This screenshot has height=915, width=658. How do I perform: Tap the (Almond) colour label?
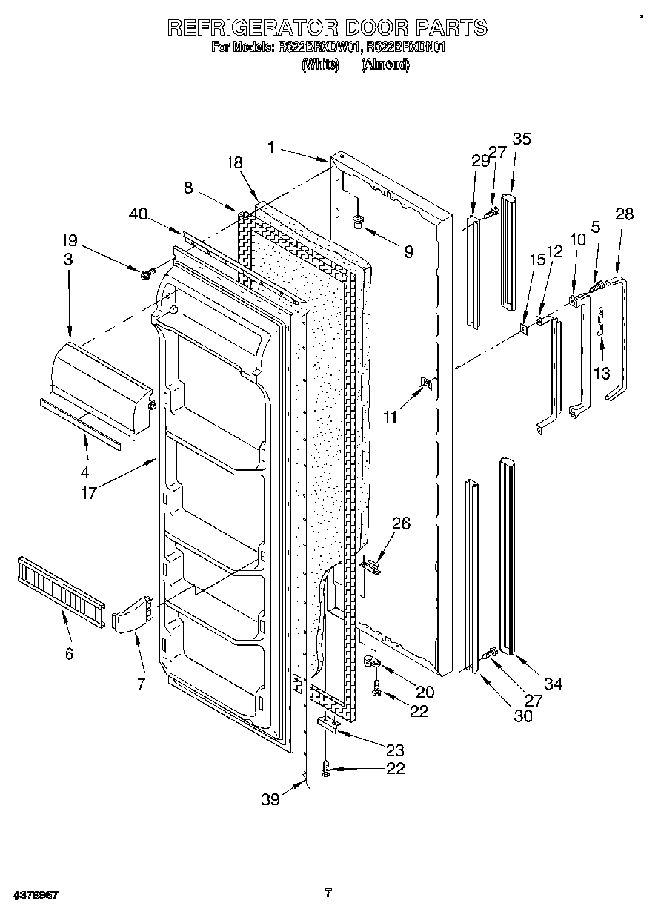click(385, 65)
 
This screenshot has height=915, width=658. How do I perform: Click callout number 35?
click(522, 139)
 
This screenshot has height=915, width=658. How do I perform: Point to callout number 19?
click(68, 240)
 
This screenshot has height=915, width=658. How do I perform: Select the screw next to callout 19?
click(146, 274)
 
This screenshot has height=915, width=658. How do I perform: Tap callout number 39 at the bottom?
click(270, 799)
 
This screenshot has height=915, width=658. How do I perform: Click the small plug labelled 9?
click(359, 220)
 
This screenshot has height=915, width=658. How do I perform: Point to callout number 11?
click(390, 417)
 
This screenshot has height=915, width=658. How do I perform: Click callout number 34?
click(553, 684)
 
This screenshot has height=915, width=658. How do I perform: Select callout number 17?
click(89, 492)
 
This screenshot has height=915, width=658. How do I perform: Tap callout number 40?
click(138, 214)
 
